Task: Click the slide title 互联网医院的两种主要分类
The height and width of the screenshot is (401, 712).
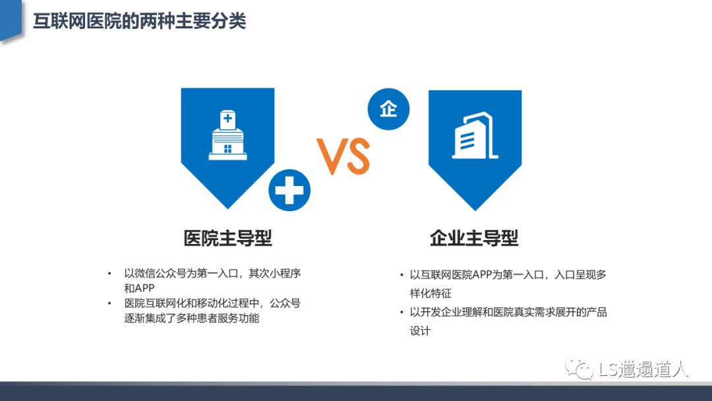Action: click(139, 21)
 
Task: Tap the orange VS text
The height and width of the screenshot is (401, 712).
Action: click(343, 156)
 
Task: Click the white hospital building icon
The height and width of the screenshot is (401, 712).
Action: click(227, 135)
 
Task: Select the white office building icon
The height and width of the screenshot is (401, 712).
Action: click(475, 135)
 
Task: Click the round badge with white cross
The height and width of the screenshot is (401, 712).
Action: click(289, 191)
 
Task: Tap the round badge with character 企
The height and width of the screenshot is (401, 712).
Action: click(389, 109)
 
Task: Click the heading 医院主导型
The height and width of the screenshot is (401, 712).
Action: click(228, 238)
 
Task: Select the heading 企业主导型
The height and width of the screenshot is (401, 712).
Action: click(474, 238)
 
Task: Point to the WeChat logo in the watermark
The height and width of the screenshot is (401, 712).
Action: click(579, 368)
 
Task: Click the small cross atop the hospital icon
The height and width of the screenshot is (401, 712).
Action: click(227, 119)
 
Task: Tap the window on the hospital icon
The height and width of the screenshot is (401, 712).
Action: click(228, 148)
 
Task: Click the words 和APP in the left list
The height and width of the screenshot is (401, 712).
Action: click(139, 288)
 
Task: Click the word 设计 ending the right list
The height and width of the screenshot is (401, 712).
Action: click(420, 330)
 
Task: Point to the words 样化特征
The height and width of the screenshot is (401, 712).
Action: click(430, 293)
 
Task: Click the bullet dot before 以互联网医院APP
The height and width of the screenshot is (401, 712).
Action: click(401, 275)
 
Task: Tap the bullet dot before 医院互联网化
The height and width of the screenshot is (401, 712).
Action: click(109, 303)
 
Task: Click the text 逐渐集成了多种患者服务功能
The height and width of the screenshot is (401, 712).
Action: click(192, 318)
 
